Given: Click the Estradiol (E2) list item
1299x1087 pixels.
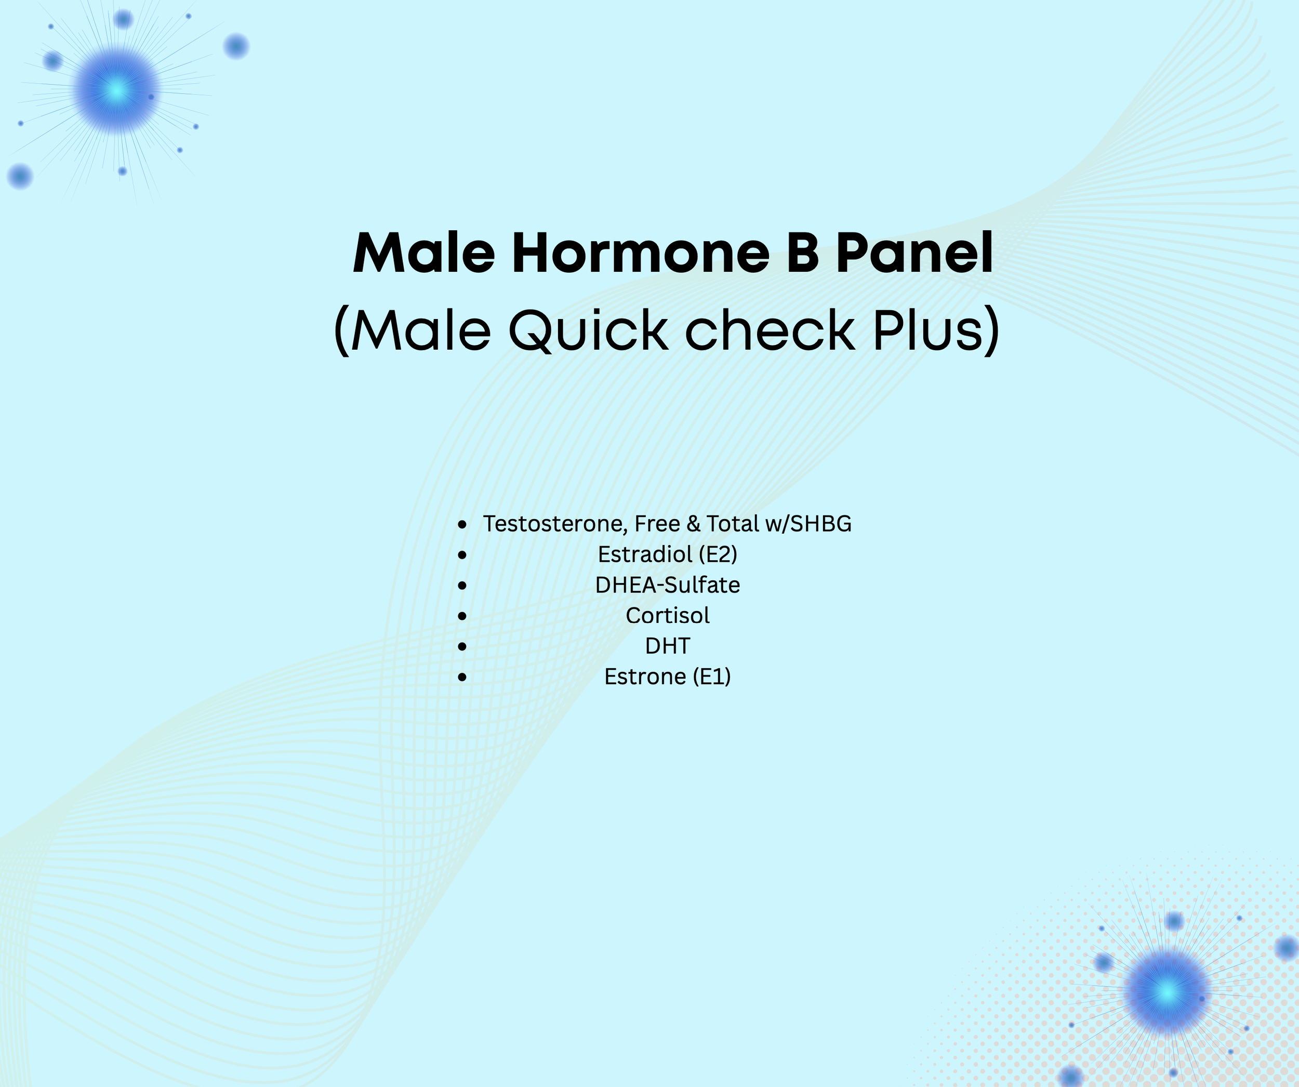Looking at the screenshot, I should (668, 554).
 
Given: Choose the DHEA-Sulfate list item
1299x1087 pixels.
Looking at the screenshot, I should (668, 585).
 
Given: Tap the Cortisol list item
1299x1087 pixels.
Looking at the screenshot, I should (668, 615).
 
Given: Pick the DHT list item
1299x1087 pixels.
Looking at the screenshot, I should (668, 645).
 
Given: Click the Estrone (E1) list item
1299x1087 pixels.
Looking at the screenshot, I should (668, 676).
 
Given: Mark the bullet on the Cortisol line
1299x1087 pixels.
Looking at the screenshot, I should (462, 616).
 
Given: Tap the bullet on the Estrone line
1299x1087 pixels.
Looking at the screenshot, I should (462, 678).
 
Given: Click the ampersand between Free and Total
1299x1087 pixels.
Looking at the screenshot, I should (694, 524).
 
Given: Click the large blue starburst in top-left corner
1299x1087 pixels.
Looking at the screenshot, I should (116, 91).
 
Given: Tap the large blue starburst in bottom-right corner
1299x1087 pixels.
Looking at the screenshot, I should (1167, 992).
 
